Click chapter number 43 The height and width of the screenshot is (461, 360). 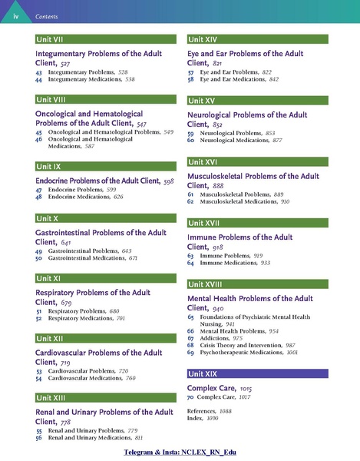[38, 71]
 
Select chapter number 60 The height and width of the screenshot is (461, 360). [191, 141]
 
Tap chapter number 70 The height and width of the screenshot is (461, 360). [191, 398]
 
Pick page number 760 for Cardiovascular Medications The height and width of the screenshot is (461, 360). [136, 379]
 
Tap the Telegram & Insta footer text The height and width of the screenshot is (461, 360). [180, 453]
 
